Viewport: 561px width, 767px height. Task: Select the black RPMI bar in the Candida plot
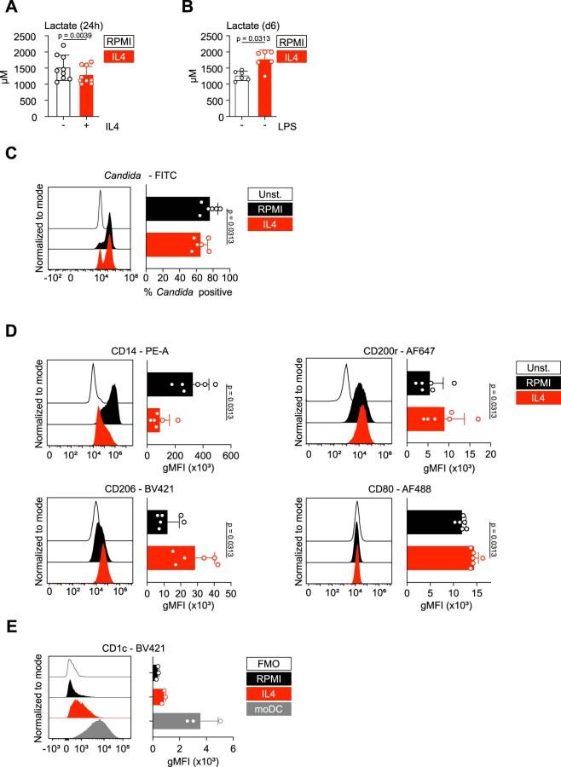(x=177, y=208)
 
